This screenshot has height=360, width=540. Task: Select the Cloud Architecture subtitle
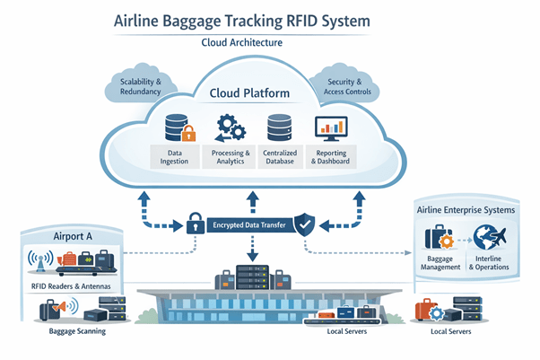point(268,42)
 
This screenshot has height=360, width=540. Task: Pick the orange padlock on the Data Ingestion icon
point(188,136)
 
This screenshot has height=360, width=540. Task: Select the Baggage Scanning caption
point(72,331)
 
